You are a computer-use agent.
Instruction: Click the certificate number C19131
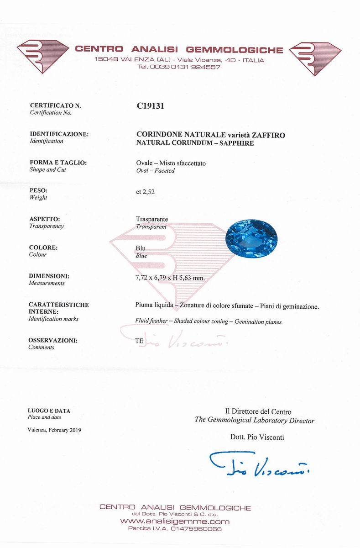(150, 106)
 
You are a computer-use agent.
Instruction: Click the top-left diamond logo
(42, 56)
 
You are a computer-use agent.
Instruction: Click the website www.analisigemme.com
(175, 522)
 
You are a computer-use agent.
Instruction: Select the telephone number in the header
(179, 67)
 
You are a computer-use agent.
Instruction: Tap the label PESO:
(38, 191)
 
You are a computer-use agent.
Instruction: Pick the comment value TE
(140, 341)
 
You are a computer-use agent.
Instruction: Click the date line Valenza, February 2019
(54, 430)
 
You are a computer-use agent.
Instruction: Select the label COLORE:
(43, 248)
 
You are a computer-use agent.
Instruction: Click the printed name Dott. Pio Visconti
(257, 437)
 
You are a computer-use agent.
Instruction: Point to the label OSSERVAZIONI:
(53, 340)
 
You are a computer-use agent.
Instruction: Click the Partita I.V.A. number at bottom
(176, 529)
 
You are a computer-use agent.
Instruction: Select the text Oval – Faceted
(156, 170)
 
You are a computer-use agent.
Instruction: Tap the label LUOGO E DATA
(49, 411)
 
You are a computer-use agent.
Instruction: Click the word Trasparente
(152, 219)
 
